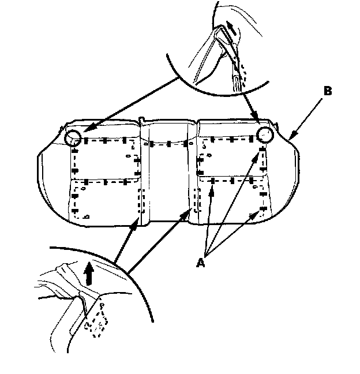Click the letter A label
[201, 263]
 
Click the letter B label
[327, 91]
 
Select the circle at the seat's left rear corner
[73, 137]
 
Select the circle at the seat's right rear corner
[265, 135]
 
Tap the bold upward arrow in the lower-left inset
[88, 271]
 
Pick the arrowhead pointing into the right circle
[257, 122]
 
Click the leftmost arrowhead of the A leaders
[212, 189]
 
